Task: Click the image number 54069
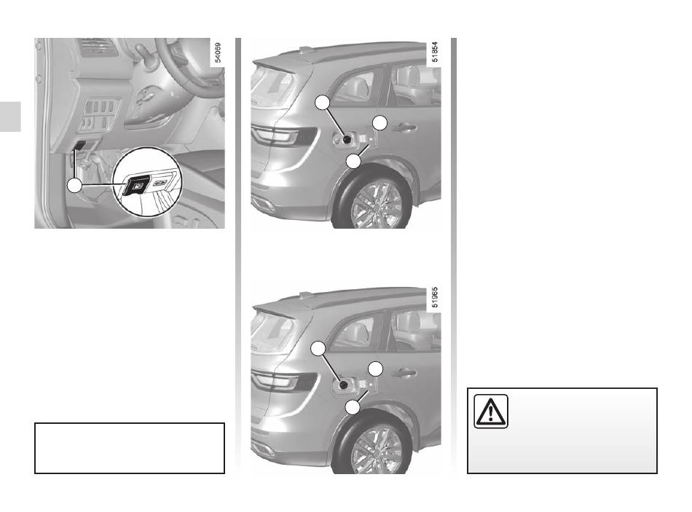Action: [x=218, y=52]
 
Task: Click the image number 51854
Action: [x=435, y=52]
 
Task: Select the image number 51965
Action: [x=435, y=297]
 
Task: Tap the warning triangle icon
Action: [x=491, y=411]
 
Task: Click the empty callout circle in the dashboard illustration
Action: [x=74, y=186]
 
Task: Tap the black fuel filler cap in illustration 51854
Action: [x=347, y=140]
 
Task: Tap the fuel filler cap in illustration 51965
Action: [x=345, y=386]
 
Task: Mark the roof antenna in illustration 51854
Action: [x=305, y=50]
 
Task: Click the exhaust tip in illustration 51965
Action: [x=264, y=450]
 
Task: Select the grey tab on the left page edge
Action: [x=10, y=117]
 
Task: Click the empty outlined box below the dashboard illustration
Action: [x=130, y=448]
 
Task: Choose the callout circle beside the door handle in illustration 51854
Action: [x=380, y=122]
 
